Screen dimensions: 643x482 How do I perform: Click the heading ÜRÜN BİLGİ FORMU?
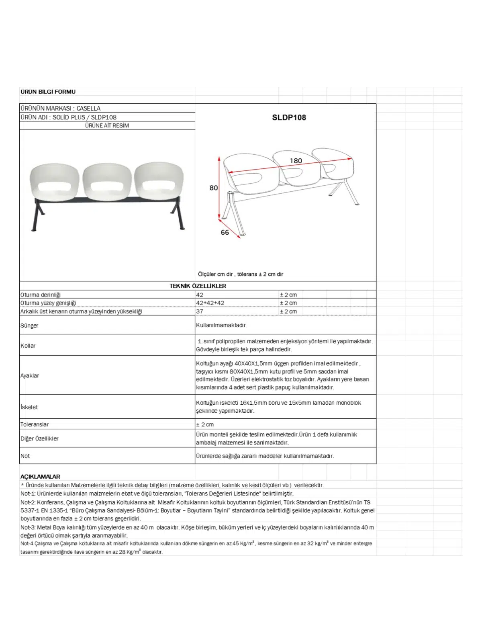48,92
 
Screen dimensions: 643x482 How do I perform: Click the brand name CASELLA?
88,109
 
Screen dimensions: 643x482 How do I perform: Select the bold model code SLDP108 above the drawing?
289,117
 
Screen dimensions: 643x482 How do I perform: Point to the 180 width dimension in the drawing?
296,161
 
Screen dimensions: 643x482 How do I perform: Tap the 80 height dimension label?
213,188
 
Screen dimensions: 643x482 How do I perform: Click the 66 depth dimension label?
225,232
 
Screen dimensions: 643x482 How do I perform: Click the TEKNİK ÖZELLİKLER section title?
198,286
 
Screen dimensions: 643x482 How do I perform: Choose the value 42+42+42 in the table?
210,303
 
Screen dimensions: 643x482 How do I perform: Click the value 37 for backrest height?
200,311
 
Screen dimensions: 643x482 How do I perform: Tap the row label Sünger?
29,326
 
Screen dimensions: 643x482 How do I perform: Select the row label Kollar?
28,346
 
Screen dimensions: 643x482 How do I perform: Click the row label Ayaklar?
30,375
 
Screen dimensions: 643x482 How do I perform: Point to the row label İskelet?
29,407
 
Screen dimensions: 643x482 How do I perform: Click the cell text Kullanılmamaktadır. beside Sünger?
222,325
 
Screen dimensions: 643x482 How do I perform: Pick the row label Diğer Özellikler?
39,438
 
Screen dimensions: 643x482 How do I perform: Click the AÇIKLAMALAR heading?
40,477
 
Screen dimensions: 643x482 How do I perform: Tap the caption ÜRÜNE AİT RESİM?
107,125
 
